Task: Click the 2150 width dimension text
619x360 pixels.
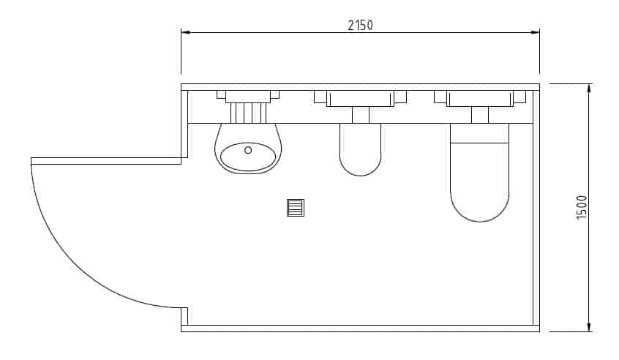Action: [360, 26]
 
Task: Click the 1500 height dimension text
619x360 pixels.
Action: [582, 207]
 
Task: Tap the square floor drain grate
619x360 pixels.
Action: [296, 208]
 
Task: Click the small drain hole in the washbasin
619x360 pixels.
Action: [248, 150]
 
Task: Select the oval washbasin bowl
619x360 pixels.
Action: [248, 157]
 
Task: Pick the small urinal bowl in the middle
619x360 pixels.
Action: [361, 149]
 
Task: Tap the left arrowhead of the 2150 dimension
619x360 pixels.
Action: [186, 32]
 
